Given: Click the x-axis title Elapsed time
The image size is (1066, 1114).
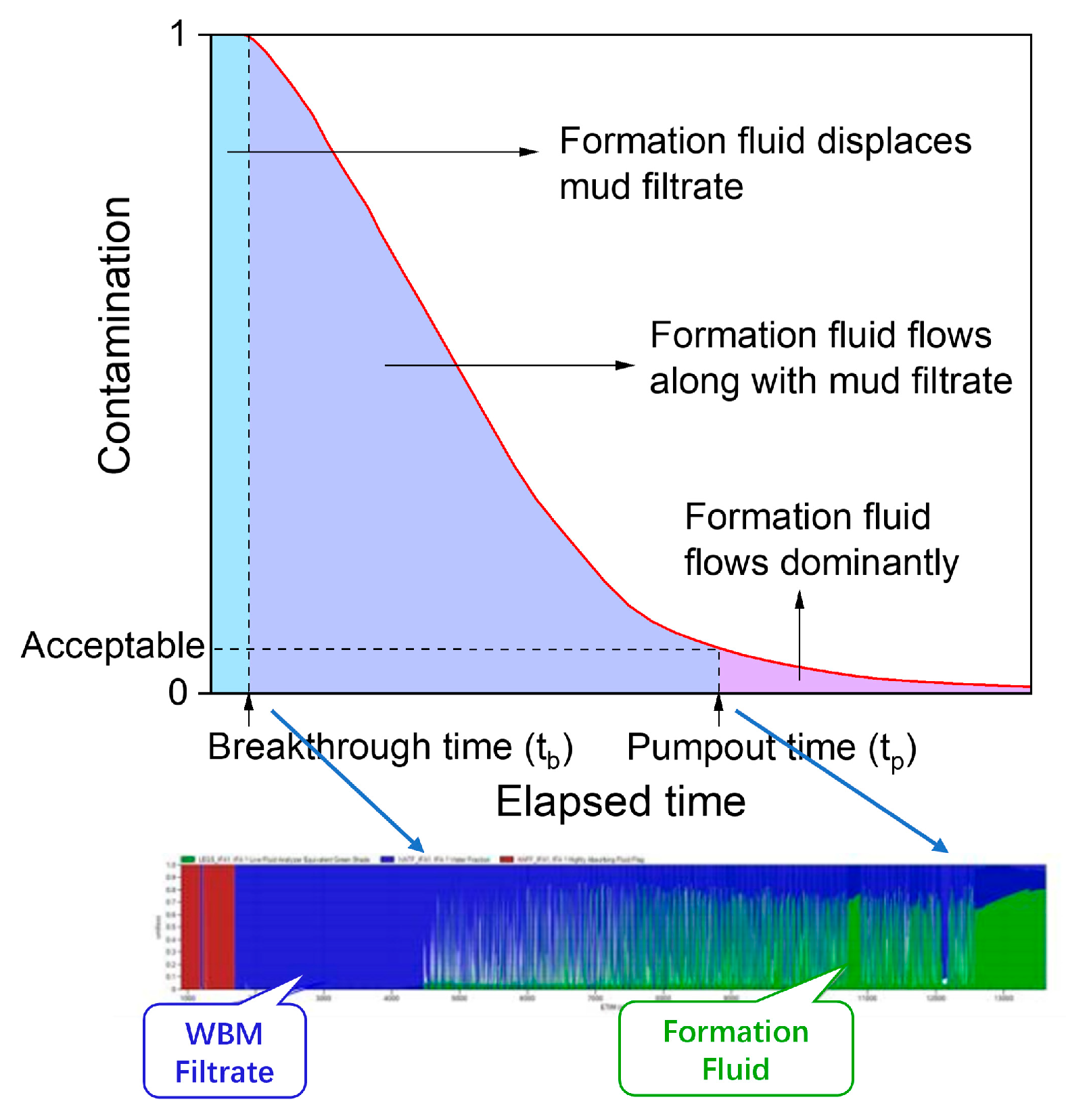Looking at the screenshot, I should tap(620, 802).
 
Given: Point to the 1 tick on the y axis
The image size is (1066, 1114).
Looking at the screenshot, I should tap(178, 34).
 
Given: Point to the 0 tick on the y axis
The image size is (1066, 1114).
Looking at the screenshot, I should tap(178, 692).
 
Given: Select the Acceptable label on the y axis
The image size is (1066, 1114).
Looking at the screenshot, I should tap(112, 645).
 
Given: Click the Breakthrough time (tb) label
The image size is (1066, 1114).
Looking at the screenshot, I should tap(390, 748).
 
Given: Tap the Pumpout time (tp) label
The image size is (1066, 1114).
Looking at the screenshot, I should tap(771, 748).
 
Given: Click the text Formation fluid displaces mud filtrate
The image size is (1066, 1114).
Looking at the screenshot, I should tap(764, 164).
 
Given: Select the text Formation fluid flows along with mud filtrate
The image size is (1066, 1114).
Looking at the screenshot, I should tap(830, 358).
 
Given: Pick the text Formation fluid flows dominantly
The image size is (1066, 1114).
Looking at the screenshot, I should tap(820, 539).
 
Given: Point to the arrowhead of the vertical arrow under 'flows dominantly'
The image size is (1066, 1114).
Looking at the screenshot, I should tap(799, 599).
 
